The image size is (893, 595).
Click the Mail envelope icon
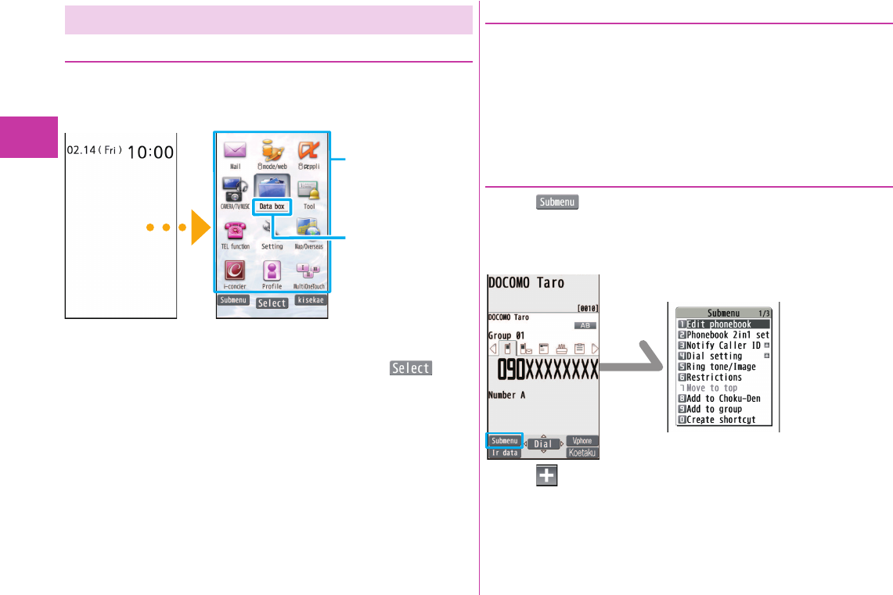click(x=235, y=149)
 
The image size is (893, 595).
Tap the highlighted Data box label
click(x=272, y=206)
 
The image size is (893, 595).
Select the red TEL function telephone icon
click(x=235, y=230)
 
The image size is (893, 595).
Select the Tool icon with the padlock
click(x=309, y=190)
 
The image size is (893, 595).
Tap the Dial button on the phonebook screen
click(x=542, y=444)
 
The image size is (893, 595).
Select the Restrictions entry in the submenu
click(x=713, y=378)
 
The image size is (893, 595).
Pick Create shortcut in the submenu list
click(x=721, y=420)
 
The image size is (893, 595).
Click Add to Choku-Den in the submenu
click(x=722, y=399)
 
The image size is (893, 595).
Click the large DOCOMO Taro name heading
click(x=526, y=283)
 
